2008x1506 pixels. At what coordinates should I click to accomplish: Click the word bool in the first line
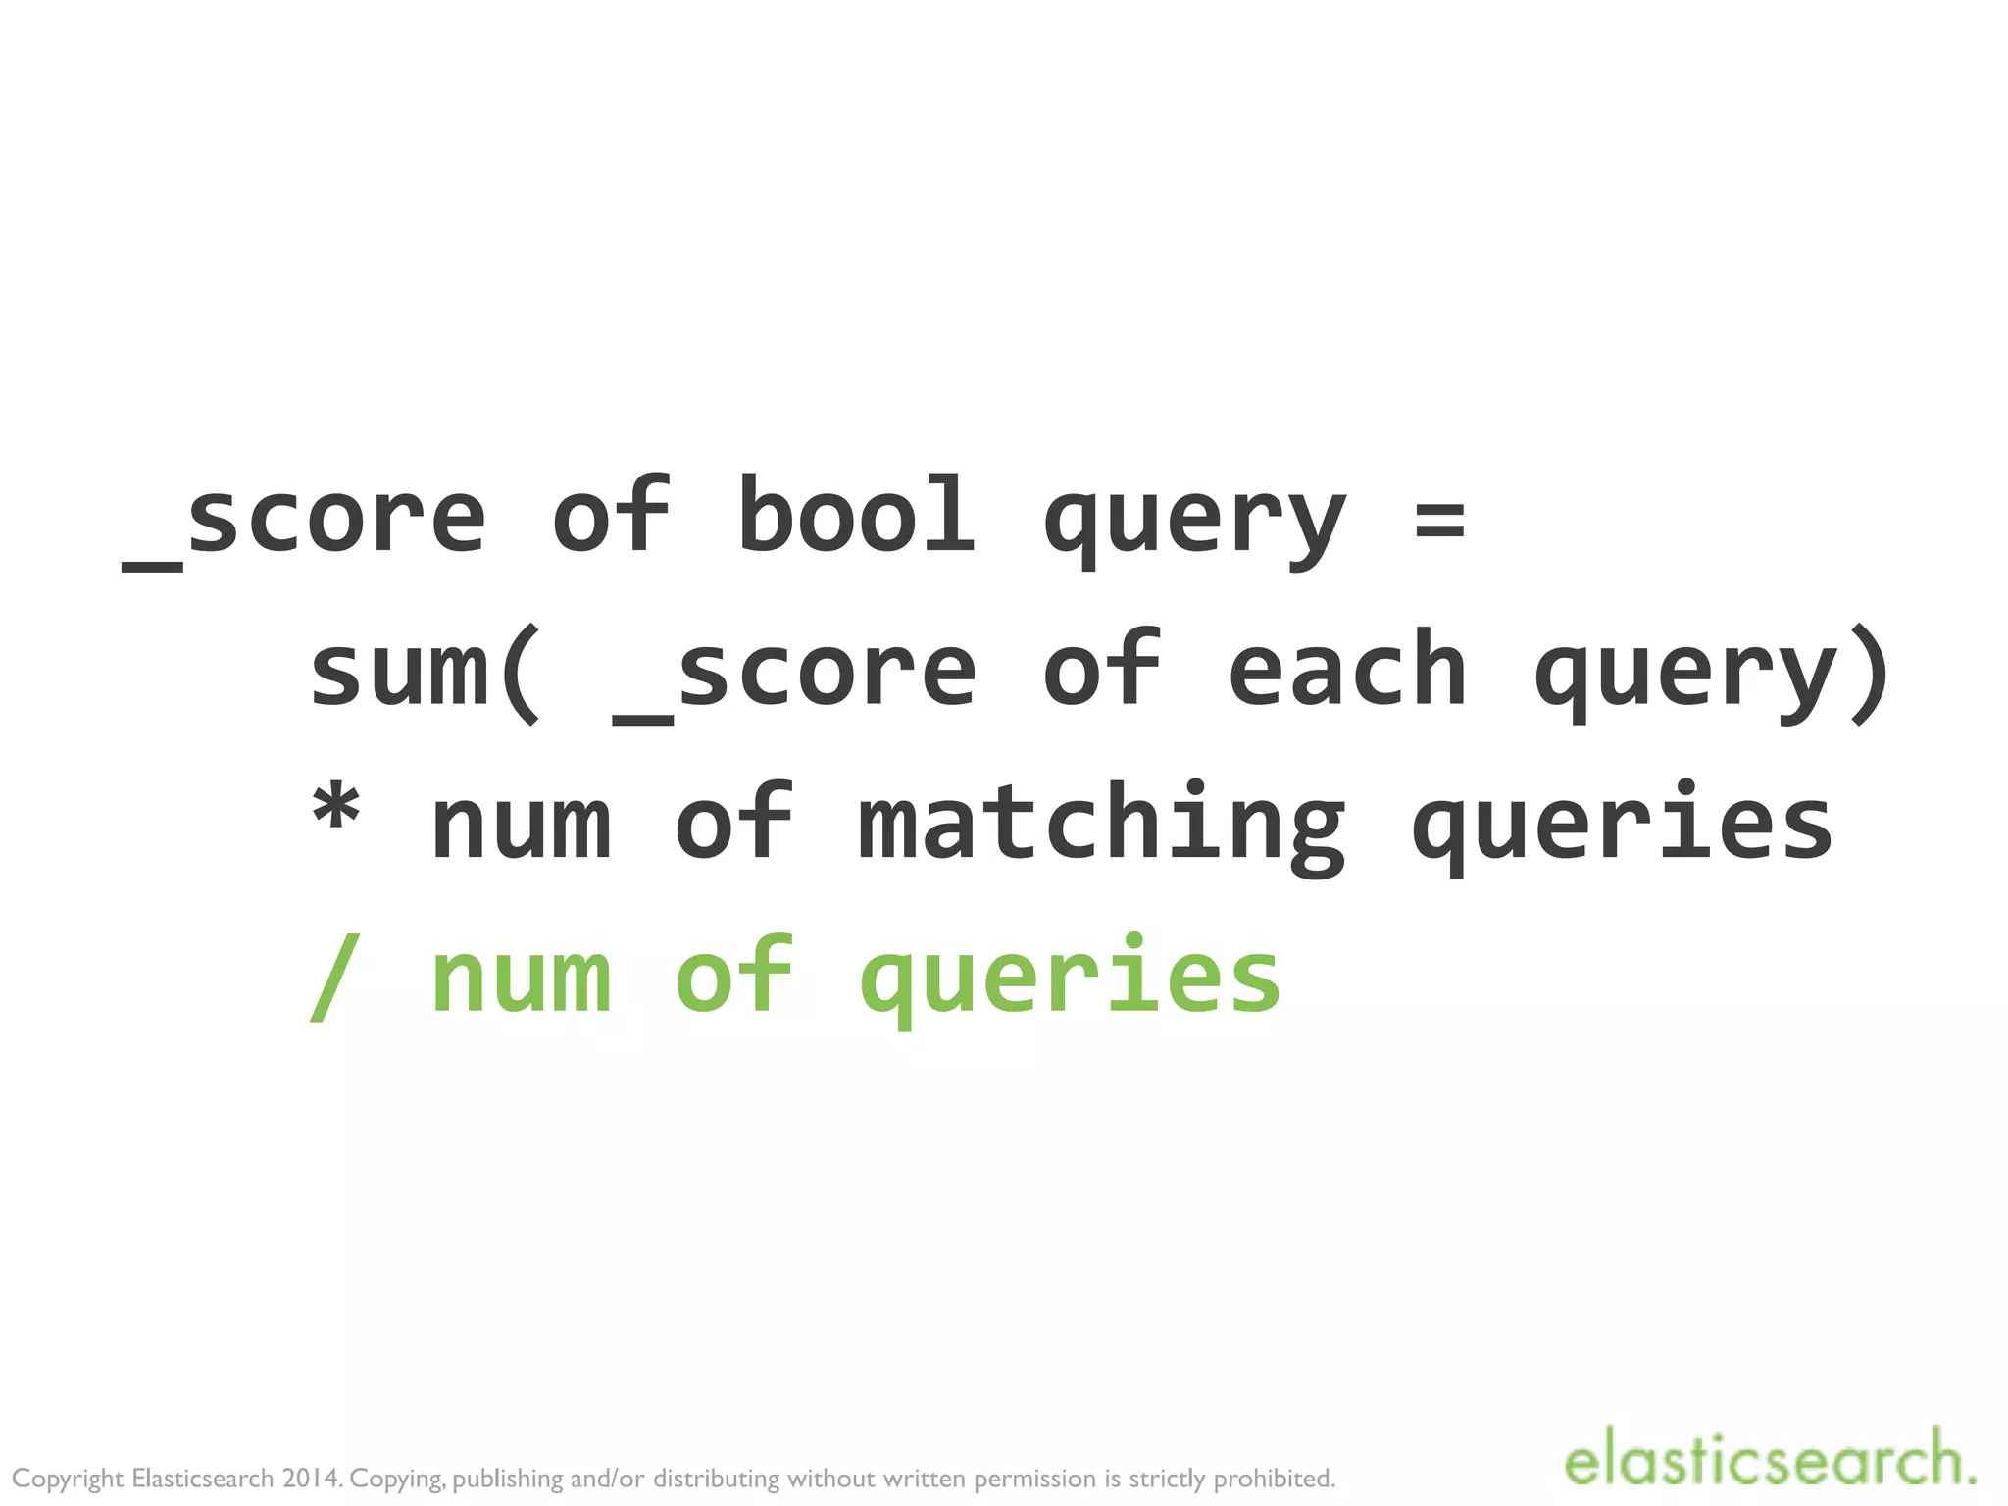coord(856,515)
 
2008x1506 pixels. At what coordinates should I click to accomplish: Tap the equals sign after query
coord(1439,520)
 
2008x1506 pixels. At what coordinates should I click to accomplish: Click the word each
coord(1347,672)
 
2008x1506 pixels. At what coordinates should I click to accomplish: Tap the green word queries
coord(1070,980)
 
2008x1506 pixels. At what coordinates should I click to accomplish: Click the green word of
coord(733,976)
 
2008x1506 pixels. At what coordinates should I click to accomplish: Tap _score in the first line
coord(304,520)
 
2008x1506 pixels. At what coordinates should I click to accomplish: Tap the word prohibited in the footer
coord(1275,1478)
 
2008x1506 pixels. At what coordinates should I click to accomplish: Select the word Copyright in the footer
coord(68,1479)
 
